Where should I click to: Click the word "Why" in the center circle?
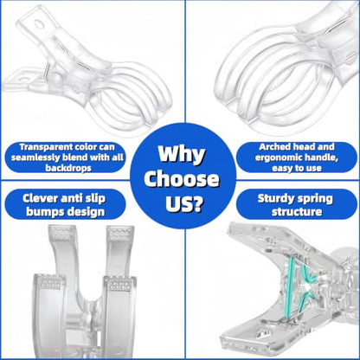click(x=182, y=155)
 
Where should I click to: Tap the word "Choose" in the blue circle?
click(x=182, y=178)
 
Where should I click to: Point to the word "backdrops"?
click(x=68, y=168)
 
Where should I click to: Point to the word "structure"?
click(x=297, y=212)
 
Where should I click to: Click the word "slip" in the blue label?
click(x=95, y=199)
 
